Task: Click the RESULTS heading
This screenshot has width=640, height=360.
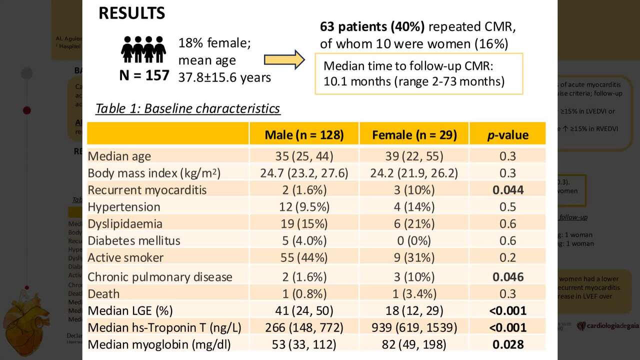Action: point(131,13)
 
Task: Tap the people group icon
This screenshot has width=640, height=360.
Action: point(143,49)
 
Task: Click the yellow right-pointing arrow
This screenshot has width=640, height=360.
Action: point(284,59)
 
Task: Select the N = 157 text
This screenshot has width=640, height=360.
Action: point(144,75)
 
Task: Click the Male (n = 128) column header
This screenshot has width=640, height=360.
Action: point(304,134)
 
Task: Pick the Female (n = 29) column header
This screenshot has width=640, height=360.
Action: point(414,134)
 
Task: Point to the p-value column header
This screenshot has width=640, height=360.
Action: point(507,134)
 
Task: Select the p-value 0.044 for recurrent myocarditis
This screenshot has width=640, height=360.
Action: point(508,190)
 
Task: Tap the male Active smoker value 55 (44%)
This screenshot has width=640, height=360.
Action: point(304,257)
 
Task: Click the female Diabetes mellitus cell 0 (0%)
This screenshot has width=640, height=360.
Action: point(414,240)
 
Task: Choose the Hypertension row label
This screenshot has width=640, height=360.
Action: point(124,207)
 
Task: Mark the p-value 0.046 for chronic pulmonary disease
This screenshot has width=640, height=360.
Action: point(508,277)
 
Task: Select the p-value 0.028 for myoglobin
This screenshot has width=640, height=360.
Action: point(508,344)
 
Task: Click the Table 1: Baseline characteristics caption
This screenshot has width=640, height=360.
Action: point(187,108)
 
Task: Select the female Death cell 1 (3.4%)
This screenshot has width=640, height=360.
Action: point(414,294)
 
